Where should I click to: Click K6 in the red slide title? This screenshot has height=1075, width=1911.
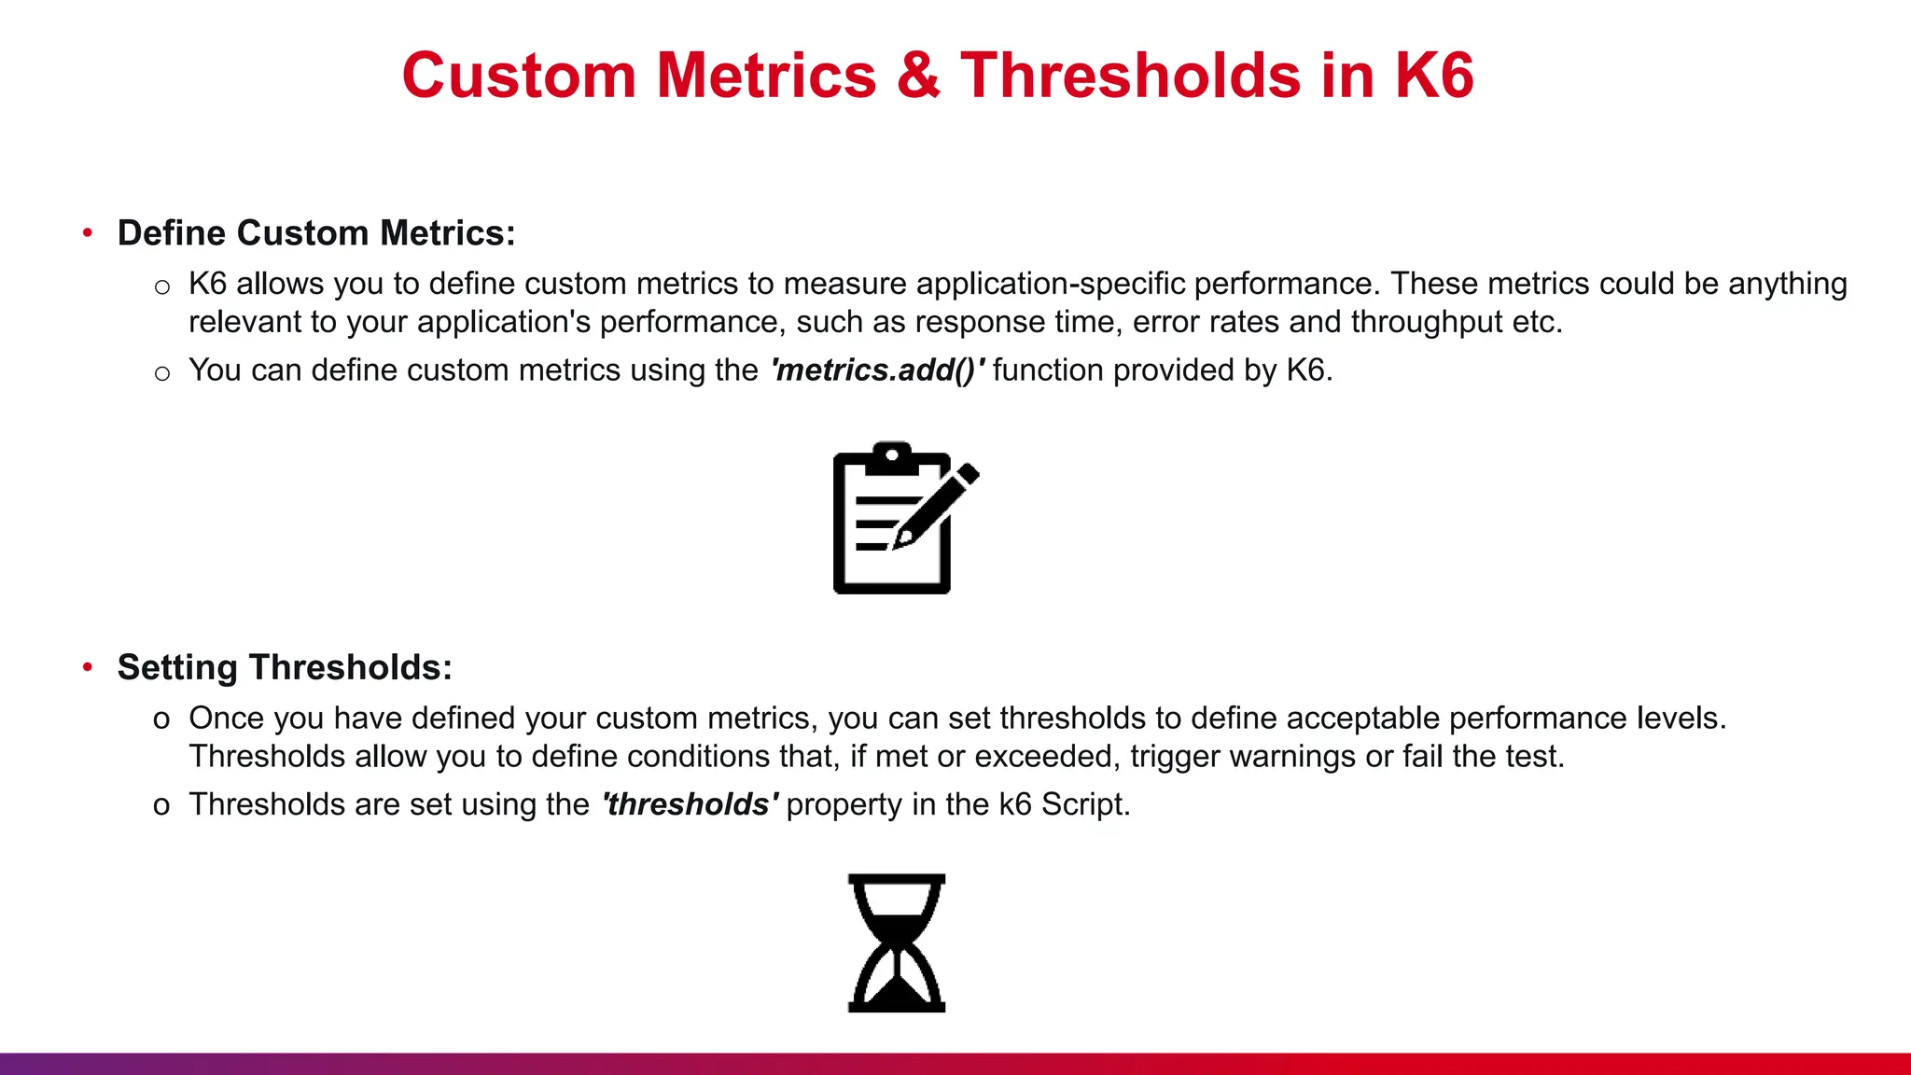click(x=1434, y=75)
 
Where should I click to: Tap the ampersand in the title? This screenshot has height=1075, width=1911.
click(x=918, y=75)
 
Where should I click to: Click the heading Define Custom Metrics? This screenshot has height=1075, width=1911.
click(x=316, y=233)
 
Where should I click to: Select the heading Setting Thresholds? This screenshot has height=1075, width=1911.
click(x=285, y=668)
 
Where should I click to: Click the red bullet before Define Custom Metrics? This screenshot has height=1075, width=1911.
click(x=88, y=232)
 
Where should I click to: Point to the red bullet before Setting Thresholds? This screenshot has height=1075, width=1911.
click(x=88, y=667)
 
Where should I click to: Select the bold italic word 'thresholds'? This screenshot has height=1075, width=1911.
click(x=689, y=804)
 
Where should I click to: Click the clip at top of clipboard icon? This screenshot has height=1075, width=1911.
click(x=892, y=456)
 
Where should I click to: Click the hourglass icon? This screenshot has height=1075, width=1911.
click(x=897, y=942)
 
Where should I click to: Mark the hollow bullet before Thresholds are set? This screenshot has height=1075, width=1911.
click(x=161, y=806)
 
